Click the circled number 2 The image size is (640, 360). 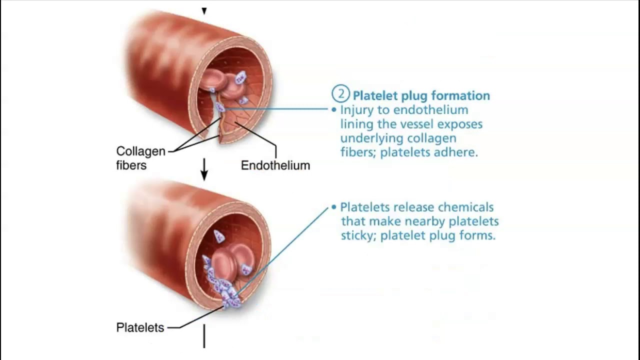[340, 94]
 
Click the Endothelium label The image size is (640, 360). [275, 165]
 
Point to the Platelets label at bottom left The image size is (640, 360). [140, 327]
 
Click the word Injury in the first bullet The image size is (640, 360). [355, 110]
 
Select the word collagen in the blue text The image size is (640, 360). [431, 138]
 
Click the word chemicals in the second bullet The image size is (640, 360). [466, 207]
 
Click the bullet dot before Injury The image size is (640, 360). [333, 109]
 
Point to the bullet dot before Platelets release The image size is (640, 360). [333, 206]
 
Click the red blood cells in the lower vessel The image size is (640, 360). [227, 262]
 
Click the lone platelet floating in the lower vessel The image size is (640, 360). [219, 236]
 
